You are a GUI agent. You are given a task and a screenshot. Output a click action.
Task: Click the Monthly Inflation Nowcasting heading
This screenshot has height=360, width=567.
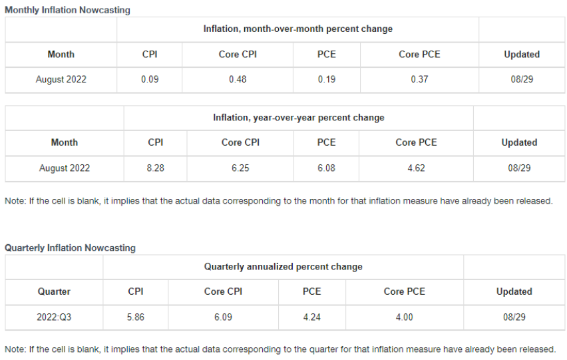tap(67, 10)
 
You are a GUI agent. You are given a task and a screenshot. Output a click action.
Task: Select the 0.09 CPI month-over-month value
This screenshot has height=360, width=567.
tap(150, 79)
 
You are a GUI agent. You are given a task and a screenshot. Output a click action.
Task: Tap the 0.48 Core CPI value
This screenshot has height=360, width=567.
tap(238, 79)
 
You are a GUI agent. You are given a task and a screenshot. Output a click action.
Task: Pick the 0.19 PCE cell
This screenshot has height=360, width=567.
tap(327, 79)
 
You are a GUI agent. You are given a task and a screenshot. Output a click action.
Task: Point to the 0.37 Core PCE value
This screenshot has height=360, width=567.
tap(419, 79)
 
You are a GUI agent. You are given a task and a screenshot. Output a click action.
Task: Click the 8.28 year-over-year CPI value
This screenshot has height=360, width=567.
tap(156, 168)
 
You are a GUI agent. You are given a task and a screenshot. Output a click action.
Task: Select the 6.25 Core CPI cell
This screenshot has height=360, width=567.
tap(240, 168)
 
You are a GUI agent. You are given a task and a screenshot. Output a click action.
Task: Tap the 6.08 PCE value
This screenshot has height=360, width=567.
tap(326, 168)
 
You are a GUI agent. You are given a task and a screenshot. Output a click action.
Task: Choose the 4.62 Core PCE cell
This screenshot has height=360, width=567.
tap(416, 168)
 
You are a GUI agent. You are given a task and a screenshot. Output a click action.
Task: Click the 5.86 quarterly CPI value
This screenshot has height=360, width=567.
tap(136, 317)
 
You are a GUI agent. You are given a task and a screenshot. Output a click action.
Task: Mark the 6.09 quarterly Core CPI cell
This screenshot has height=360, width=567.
tap(223, 317)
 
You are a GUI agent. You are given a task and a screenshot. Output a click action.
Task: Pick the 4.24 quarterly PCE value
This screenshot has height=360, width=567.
tap(311, 317)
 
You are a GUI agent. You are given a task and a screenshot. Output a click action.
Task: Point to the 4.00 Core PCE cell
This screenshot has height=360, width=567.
tap(404, 317)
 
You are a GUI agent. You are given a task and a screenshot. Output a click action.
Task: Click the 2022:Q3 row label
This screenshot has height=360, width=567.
tap(54, 317)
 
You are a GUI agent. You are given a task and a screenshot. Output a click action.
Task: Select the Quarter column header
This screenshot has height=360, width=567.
tap(54, 291)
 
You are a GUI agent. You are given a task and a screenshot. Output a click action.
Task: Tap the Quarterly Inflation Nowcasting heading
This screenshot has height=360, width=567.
tap(70, 248)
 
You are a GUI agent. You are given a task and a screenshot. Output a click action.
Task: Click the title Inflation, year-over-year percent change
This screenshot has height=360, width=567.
tap(299, 118)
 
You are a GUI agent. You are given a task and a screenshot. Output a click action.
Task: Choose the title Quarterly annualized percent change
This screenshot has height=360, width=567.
tap(283, 266)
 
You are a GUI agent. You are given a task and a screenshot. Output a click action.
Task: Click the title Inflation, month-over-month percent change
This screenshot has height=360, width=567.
tap(298, 29)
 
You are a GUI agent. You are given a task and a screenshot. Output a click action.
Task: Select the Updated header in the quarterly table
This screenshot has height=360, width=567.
tap(514, 291)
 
